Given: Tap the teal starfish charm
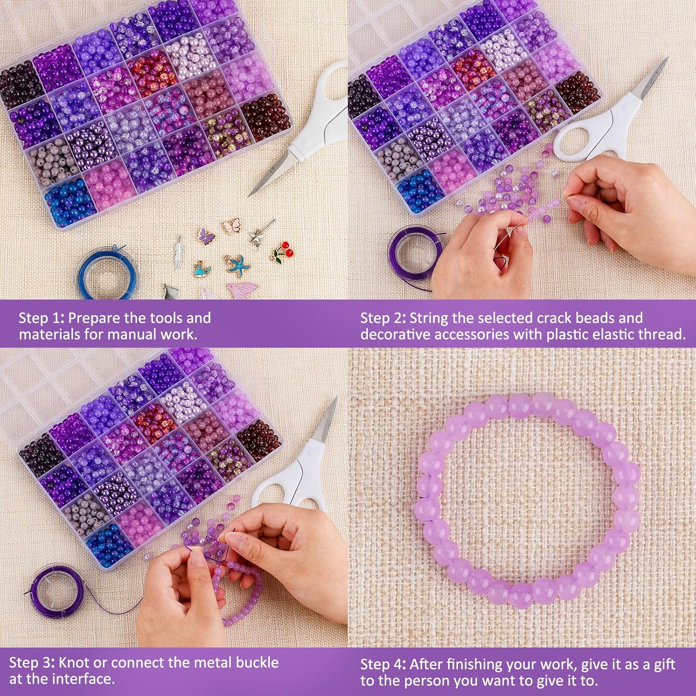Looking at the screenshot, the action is coord(235,264).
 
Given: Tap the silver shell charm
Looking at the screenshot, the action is coord(169,292).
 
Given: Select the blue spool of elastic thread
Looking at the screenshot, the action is coord(106,274).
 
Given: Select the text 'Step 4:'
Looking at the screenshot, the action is coord(383,664).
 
